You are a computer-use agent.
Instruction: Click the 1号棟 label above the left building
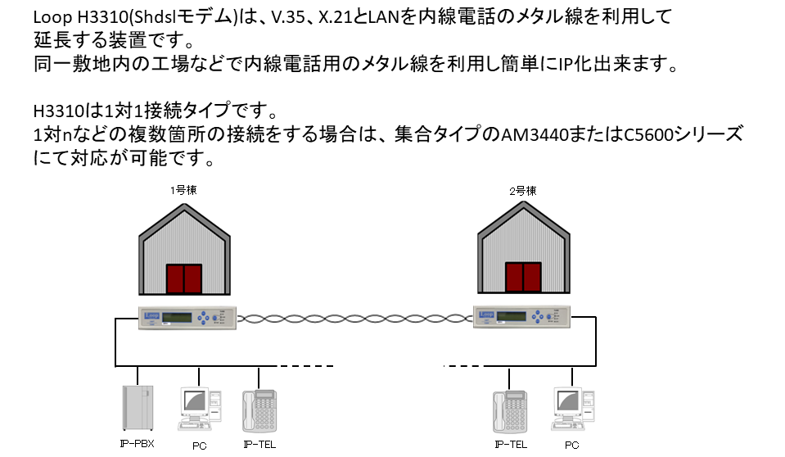click(183, 190)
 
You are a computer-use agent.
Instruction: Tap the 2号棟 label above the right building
click(523, 191)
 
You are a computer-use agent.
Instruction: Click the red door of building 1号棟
click(184, 279)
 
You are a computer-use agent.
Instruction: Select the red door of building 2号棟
click(523, 277)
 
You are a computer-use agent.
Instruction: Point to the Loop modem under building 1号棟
click(187, 317)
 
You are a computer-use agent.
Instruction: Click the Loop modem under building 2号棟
click(521, 316)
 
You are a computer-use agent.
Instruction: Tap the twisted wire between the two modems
click(355, 319)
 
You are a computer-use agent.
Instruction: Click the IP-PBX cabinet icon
click(138, 407)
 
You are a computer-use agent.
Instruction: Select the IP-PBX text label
click(138, 443)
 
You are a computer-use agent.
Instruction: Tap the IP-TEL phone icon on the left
click(259, 411)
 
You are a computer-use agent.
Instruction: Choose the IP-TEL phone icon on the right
click(510, 412)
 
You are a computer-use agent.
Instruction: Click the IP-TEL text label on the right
click(511, 445)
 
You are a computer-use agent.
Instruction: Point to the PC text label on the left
click(199, 446)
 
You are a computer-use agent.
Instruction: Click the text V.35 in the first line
click(288, 17)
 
